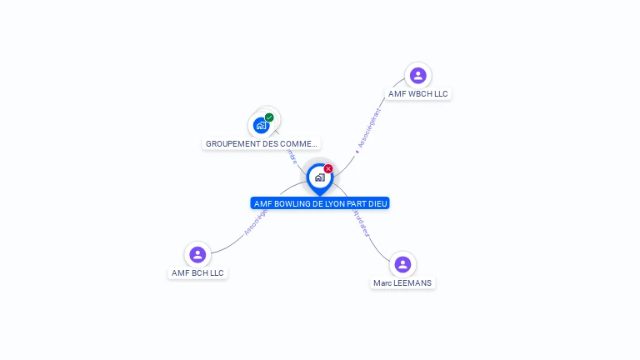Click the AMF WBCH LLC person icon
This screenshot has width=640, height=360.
pos(417,76)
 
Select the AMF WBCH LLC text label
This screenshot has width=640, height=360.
pos(418,94)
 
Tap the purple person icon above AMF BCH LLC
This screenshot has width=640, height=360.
pos(197,254)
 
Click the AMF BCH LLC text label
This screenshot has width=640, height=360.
pos(197,272)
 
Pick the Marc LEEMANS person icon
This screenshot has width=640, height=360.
pos(402,264)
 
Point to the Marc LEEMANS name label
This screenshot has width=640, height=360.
pos(403,283)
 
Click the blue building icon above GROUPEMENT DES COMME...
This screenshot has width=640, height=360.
pos(262,126)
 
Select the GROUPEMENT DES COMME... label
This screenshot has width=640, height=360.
pos(262,143)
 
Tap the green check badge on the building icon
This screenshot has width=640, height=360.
pos(269,117)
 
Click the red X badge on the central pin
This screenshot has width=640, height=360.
pos(328,168)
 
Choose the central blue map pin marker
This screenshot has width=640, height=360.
pos(319,177)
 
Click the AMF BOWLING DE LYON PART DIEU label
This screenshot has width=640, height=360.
pos(320,203)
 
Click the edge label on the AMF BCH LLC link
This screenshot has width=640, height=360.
pos(257,221)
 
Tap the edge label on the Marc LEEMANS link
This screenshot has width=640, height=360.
pos(361,223)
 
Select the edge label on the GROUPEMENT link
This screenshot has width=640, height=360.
pos(291,156)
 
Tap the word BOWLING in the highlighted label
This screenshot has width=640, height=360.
pos(292,203)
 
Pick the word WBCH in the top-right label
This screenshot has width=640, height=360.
pos(419,94)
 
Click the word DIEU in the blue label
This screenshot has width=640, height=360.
pos(377,203)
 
